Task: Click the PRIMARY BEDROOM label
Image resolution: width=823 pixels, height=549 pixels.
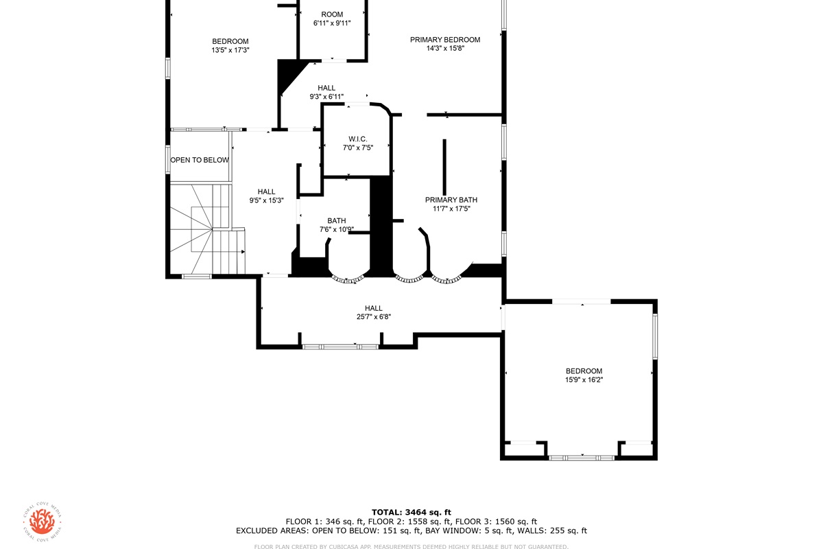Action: click(445, 40)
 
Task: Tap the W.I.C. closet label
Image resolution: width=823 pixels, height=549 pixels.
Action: click(358, 139)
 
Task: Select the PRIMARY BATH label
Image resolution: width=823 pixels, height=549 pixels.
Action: click(451, 200)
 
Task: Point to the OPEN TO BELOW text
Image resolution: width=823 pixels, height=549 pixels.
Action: click(200, 160)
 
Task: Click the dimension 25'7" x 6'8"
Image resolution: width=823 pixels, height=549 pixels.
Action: click(374, 316)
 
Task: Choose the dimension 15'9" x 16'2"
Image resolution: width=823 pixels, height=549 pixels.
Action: click(584, 379)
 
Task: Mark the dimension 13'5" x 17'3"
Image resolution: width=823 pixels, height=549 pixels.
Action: click(230, 50)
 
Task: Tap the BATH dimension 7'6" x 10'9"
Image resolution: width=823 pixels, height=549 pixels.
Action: click(337, 229)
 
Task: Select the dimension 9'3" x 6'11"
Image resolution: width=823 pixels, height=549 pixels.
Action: click(326, 97)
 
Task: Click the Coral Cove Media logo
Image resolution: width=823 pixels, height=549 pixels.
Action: click(43, 521)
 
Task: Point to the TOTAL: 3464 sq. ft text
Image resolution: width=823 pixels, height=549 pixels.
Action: click(411, 512)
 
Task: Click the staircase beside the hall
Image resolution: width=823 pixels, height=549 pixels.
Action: click(208, 229)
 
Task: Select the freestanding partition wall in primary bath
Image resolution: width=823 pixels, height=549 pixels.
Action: click(444, 167)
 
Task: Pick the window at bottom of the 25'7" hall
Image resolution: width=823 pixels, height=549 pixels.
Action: click(340, 347)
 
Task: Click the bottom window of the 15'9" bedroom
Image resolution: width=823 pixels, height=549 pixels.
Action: click(582, 458)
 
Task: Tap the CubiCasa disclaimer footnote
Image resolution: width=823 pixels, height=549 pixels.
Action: click(411, 546)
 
